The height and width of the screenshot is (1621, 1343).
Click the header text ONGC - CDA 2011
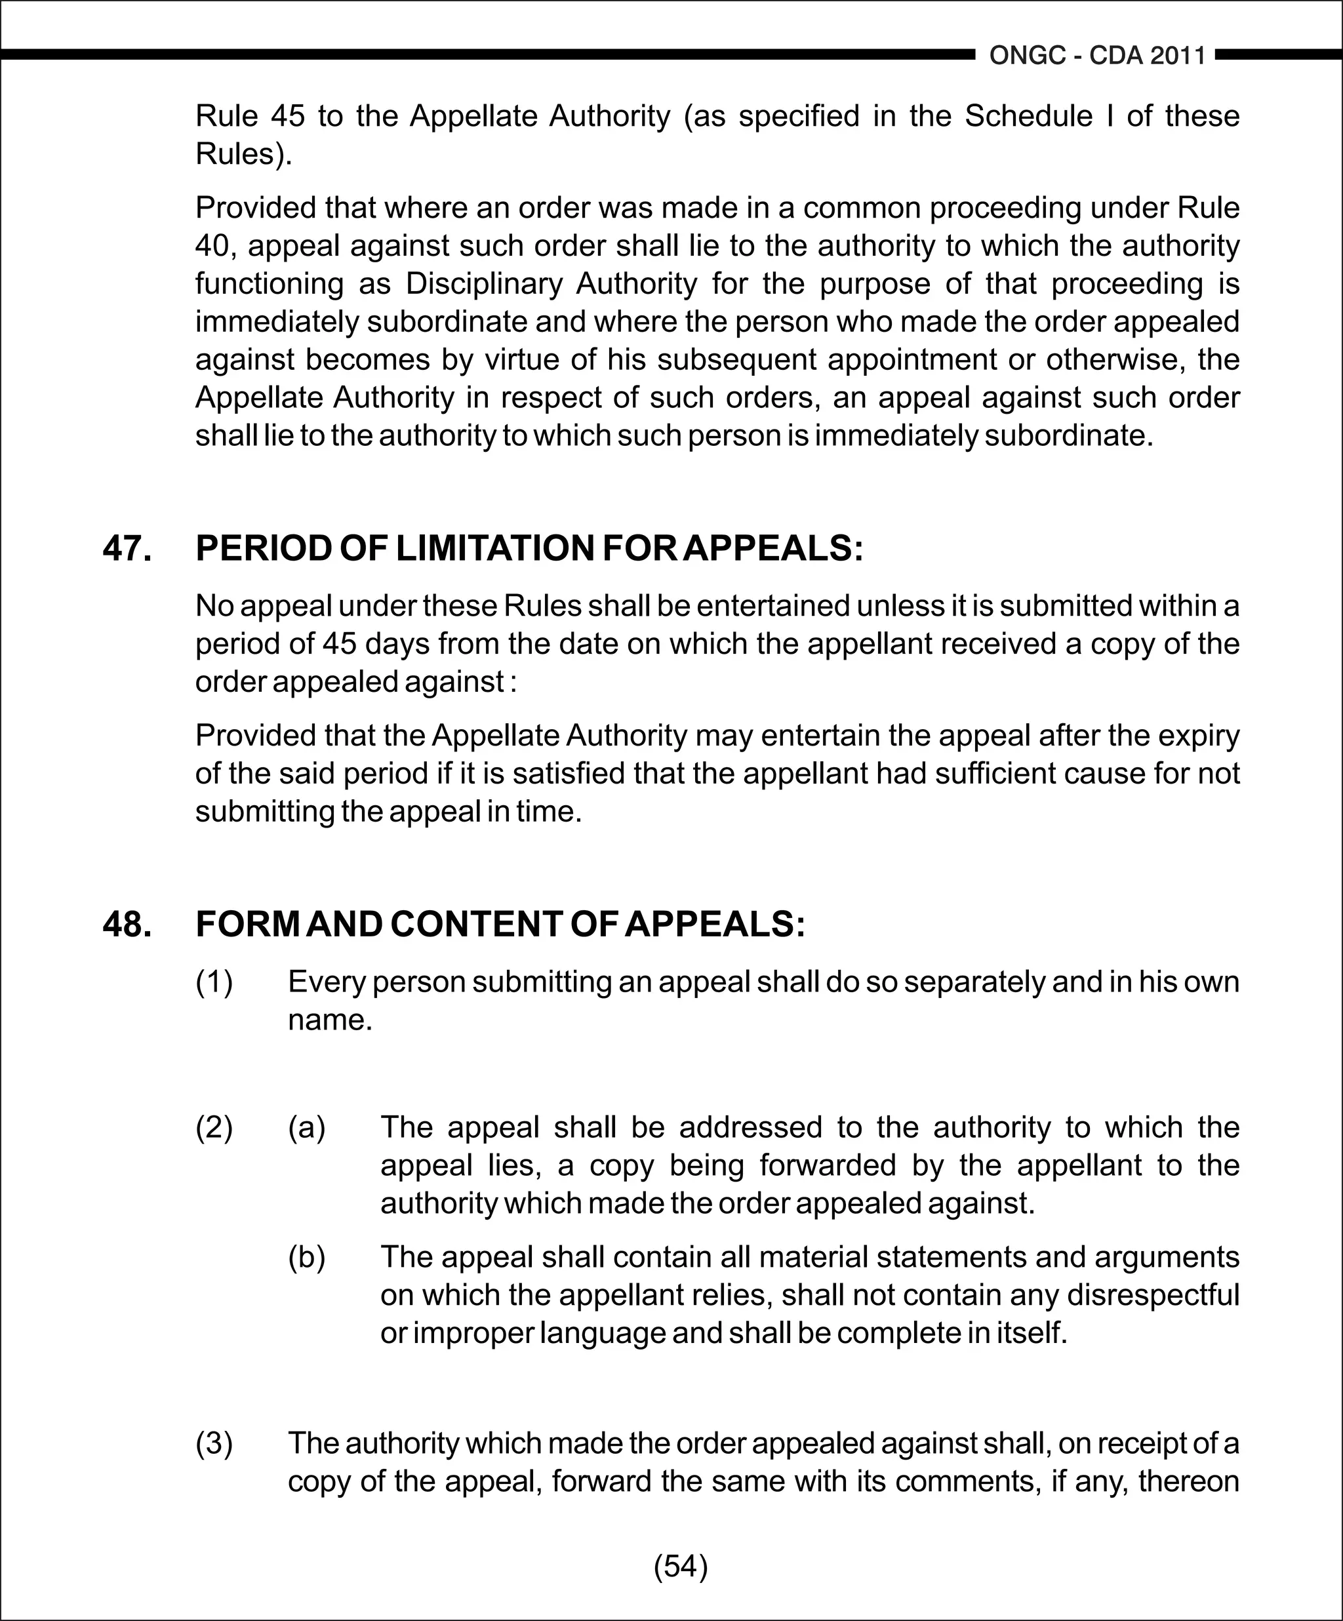click(1097, 56)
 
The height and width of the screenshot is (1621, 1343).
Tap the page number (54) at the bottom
click(680, 1566)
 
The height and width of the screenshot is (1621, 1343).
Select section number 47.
click(127, 549)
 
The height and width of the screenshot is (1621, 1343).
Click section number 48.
click(127, 924)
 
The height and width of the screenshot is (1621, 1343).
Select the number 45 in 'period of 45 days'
click(340, 644)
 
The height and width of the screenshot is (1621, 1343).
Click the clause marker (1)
click(214, 982)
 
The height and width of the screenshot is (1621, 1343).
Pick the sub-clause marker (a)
click(306, 1128)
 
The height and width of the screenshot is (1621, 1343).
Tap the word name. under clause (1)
click(330, 1020)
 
